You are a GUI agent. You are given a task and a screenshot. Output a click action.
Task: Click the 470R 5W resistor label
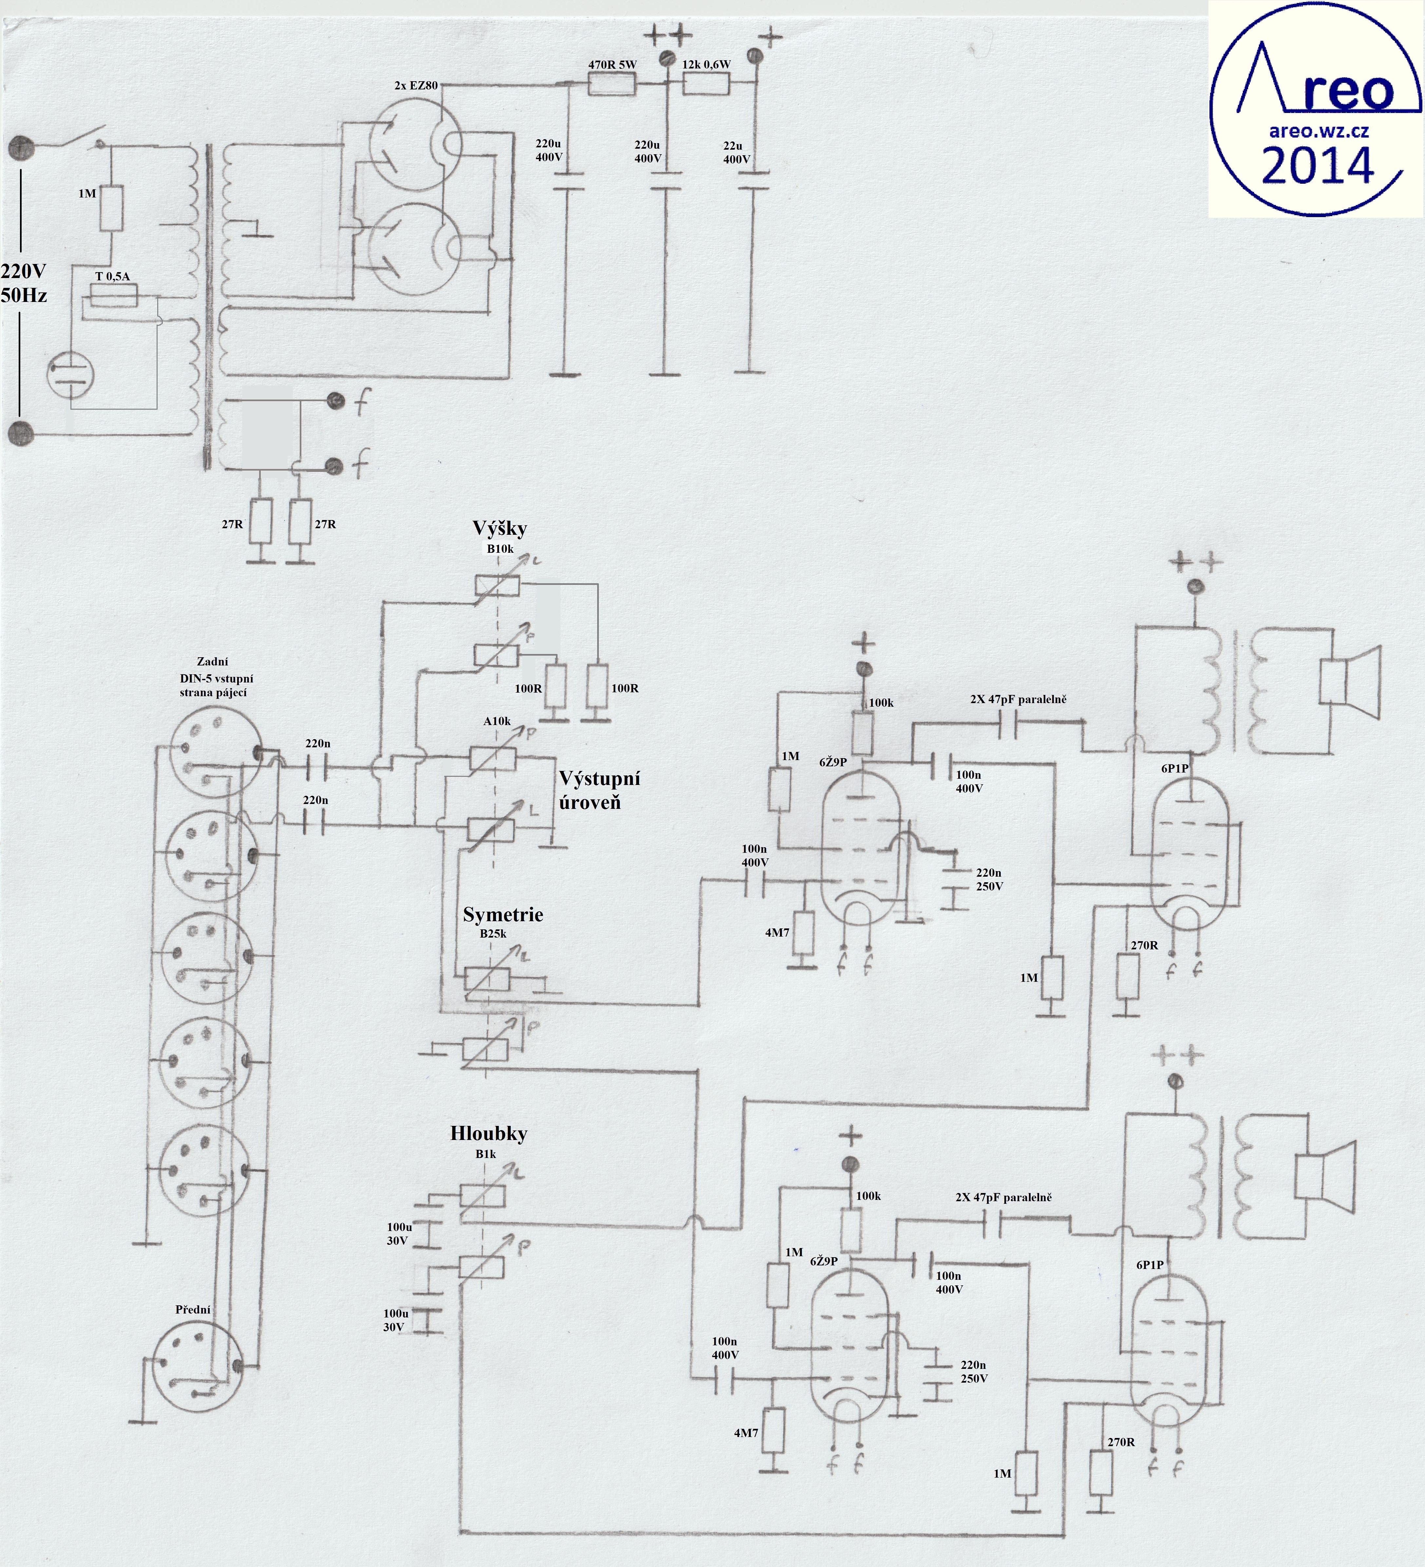point(612,65)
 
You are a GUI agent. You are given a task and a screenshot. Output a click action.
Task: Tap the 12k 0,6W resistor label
point(706,65)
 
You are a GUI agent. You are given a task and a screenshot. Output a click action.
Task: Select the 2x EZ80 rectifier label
point(416,85)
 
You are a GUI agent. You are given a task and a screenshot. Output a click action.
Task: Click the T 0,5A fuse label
point(113,276)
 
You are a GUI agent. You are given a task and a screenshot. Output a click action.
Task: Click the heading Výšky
point(500,529)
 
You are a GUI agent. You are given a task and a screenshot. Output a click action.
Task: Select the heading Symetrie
point(503,915)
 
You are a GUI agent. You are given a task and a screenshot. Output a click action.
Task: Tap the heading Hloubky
point(488,1133)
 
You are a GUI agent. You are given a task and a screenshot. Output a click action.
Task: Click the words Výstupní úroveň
point(599,790)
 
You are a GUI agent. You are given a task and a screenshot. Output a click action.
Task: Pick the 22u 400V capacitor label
point(735,152)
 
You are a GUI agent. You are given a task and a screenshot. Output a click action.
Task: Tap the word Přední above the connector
point(193,1310)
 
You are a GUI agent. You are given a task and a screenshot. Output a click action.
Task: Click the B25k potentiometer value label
point(493,934)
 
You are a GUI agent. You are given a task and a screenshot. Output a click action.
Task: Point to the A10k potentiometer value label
point(498,721)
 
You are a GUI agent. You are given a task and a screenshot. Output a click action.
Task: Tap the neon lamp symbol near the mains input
point(70,375)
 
